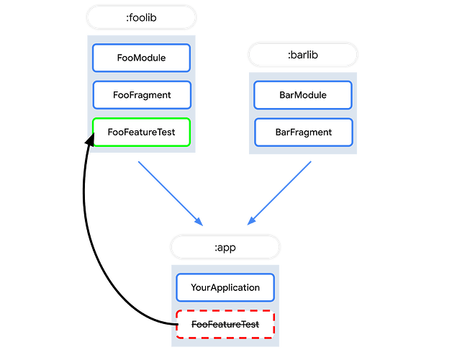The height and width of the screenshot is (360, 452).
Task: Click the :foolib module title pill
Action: click(x=142, y=17)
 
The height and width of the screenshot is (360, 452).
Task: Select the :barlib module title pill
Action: click(x=303, y=54)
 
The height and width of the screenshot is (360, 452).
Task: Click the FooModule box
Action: click(x=142, y=58)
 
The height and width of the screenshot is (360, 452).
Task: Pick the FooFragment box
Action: click(x=142, y=94)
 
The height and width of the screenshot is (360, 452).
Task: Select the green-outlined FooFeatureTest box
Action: click(x=142, y=132)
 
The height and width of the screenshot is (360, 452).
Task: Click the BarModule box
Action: click(x=303, y=95)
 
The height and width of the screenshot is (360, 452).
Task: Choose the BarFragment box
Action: click(x=303, y=132)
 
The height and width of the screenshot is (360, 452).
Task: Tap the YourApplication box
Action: click(x=225, y=287)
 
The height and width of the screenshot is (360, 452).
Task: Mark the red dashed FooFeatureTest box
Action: click(x=225, y=325)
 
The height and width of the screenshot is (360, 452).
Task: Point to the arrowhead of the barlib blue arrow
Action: click(x=250, y=222)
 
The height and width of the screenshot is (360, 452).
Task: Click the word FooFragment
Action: click(x=142, y=94)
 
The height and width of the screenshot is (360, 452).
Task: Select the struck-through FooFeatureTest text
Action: click(x=225, y=325)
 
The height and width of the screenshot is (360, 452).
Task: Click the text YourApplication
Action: click(x=225, y=287)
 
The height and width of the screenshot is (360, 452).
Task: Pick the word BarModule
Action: click(x=303, y=95)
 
